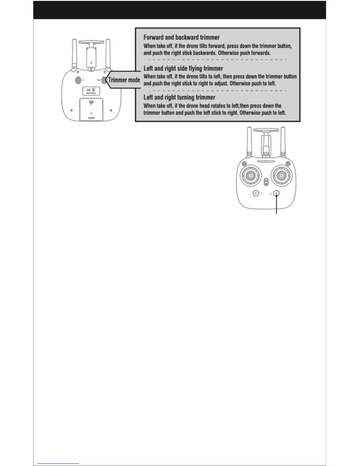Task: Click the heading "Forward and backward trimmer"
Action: pyautogui.click(x=181, y=37)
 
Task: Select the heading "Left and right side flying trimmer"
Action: pyautogui.click(x=183, y=69)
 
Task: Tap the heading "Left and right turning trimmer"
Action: pyautogui.click(x=179, y=97)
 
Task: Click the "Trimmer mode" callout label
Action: pyautogui.click(x=124, y=80)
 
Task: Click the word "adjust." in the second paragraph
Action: pyautogui.click(x=220, y=84)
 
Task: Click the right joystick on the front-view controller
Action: pyautogui.click(x=282, y=176)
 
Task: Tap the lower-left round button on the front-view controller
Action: pyautogui.click(x=256, y=193)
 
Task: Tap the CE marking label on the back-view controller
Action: pyautogui.click(x=91, y=90)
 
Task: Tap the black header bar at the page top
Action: pyautogui.click(x=179, y=10)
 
